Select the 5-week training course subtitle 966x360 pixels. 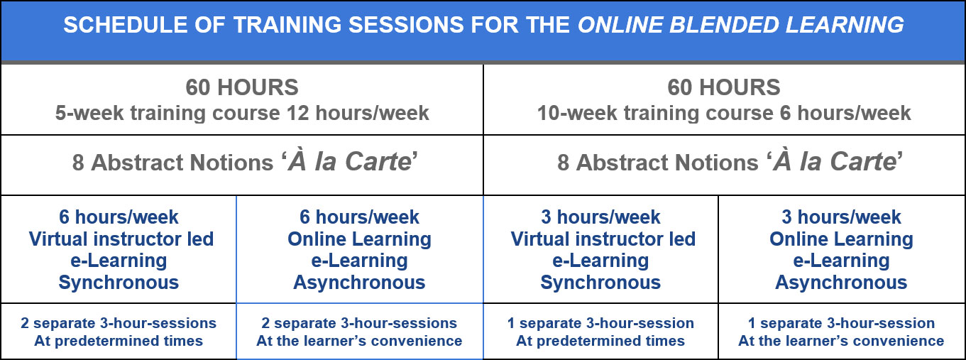[x=242, y=113]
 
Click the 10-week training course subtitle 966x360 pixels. [x=724, y=113]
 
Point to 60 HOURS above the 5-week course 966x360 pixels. [x=242, y=87]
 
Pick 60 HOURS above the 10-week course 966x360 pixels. [x=724, y=87]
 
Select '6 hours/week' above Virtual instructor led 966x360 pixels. [x=119, y=217]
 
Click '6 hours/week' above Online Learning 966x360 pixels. [x=359, y=217]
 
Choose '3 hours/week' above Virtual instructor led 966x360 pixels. [x=600, y=217]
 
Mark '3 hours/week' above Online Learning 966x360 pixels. [x=841, y=217]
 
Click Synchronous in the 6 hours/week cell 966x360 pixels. [x=119, y=283]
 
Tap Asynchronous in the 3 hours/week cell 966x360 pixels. [x=841, y=283]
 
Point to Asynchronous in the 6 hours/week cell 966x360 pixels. [x=359, y=283]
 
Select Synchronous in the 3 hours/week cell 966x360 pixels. [x=600, y=283]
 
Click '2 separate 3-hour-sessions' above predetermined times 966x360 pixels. [x=119, y=323]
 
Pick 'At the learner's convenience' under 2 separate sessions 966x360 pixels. [x=359, y=341]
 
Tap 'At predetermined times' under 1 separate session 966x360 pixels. [x=600, y=341]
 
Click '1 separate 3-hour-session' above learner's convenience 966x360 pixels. [x=841, y=323]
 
